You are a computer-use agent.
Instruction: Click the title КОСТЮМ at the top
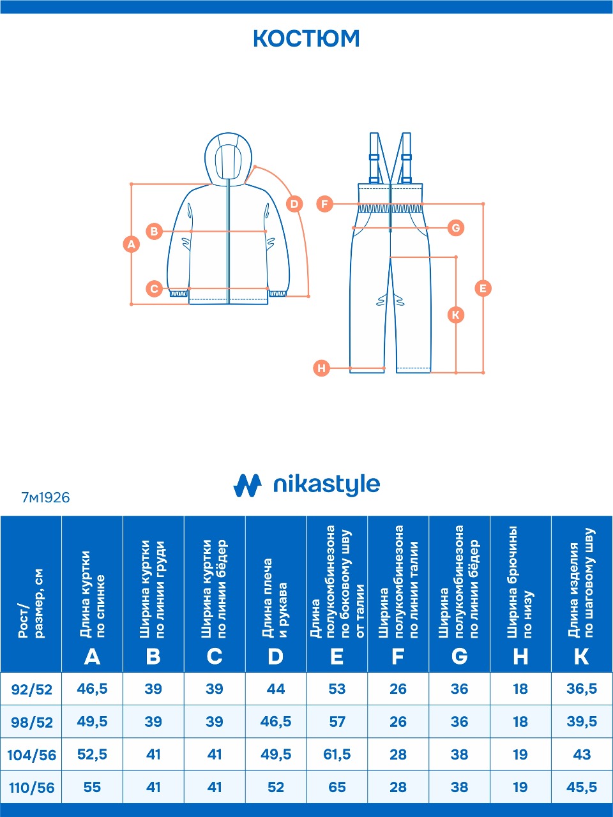point(306,39)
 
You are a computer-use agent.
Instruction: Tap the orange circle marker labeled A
point(132,244)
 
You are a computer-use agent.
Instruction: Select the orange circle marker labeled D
point(294,204)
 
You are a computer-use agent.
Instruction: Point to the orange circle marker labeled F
point(325,204)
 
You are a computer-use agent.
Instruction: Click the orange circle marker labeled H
point(322,368)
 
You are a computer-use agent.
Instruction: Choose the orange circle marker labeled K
point(456,315)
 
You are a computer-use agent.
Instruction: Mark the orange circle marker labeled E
point(483,289)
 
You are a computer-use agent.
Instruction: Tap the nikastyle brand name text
point(326,485)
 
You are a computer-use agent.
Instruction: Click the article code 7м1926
point(45,498)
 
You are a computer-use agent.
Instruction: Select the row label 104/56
point(31,755)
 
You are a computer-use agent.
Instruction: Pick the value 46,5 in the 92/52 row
point(92,689)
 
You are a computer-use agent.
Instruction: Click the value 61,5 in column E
point(337,754)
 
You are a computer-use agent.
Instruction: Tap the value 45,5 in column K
point(582,787)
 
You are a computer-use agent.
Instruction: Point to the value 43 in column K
point(582,754)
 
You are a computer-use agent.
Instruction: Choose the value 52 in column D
point(276,787)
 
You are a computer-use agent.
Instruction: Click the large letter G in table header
point(459,657)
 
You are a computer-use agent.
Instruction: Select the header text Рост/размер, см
point(31,603)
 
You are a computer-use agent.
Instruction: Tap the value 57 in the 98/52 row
point(337,722)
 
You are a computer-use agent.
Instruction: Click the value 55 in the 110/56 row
point(92,787)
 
